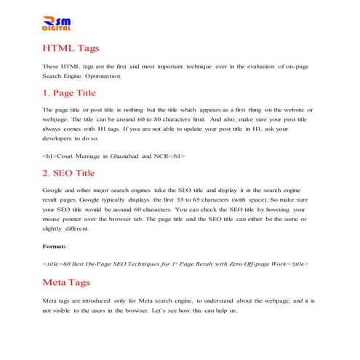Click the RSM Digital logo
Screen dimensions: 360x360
pos(57,24)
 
